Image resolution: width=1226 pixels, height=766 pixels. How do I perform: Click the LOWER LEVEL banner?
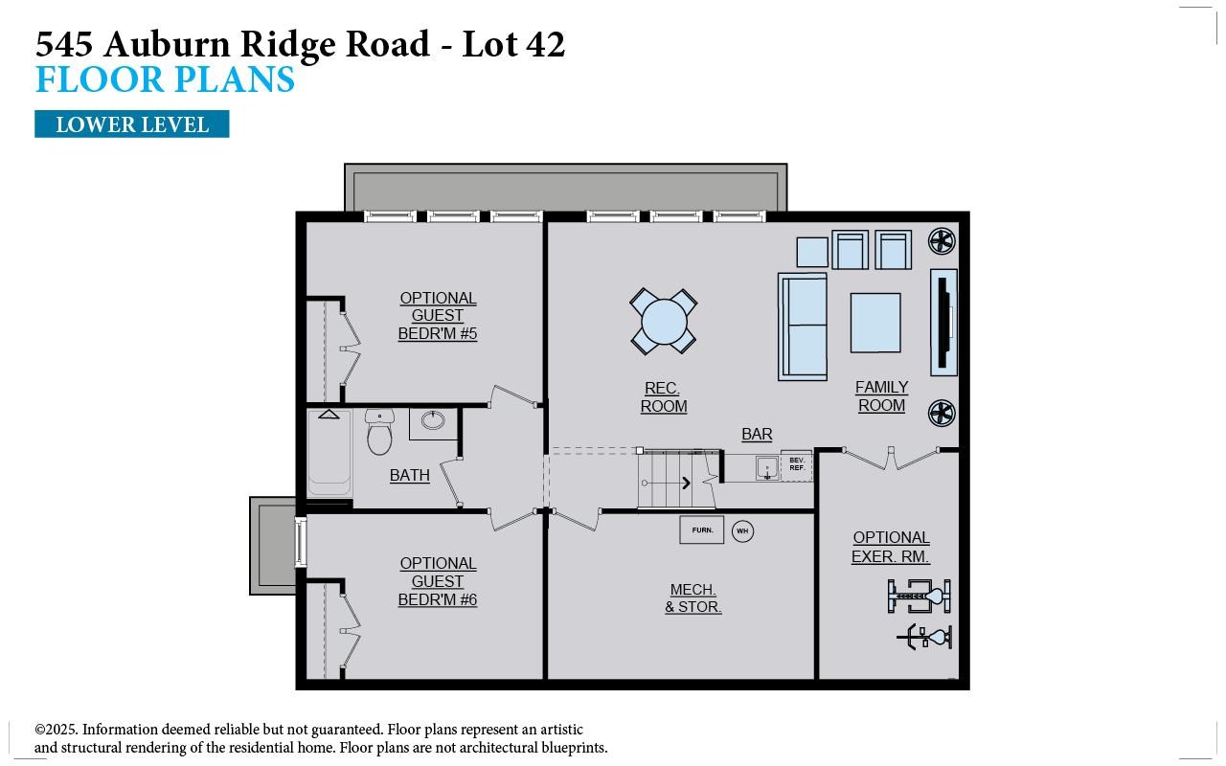coord(131,124)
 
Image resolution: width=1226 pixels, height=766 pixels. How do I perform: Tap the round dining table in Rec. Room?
coord(663,321)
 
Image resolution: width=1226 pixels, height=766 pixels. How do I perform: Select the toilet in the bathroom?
coord(379,434)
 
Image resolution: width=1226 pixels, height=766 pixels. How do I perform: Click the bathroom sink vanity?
coord(433,421)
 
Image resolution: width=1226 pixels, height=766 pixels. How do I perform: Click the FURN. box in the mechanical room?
coord(702,529)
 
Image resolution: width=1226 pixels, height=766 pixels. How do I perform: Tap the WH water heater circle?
coord(742,530)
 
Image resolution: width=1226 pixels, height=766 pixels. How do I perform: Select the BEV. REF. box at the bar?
coord(796,465)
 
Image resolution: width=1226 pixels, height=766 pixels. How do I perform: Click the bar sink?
coord(765,468)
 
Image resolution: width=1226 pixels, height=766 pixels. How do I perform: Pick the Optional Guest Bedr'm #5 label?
coord(438,316)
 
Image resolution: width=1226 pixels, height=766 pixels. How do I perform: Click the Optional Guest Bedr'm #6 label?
coord(438,581)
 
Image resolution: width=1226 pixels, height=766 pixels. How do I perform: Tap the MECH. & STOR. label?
coord(692,598)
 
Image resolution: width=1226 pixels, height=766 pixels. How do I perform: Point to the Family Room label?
coord(881,396)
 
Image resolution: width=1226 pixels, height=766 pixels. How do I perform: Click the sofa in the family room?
coord(803,326)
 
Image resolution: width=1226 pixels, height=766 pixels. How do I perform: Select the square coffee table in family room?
coord(874,323)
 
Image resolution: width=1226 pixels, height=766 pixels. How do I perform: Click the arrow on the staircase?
coord(686,483)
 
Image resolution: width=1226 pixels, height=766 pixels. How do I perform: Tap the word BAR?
coord(757,435)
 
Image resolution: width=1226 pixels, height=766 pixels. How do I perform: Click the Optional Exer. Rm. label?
coord(891,547)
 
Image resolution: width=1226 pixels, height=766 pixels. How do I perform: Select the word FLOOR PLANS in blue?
coord(165,79)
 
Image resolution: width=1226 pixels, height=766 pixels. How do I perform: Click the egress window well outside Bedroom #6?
coord(273,545)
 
